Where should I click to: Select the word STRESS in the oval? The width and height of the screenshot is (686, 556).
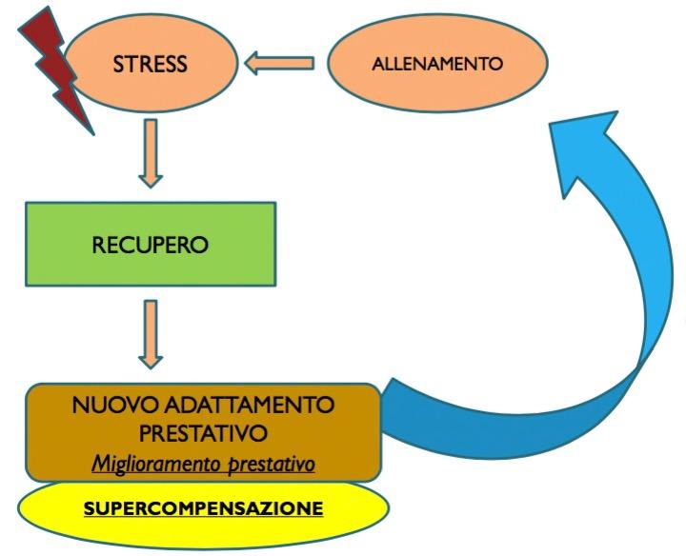[150, 65]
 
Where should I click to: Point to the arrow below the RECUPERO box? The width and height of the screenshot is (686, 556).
[150, 333]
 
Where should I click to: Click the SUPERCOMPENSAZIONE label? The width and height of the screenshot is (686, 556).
[203, 508]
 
